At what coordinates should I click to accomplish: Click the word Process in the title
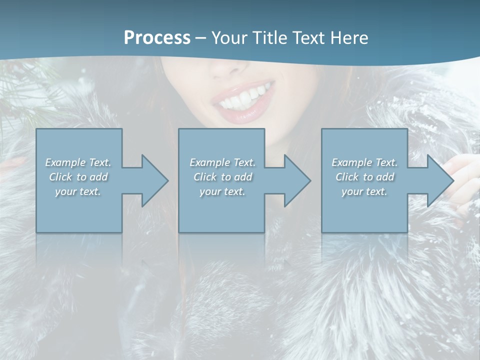tap(157, 38)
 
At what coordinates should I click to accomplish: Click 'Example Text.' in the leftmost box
tap(78, 162)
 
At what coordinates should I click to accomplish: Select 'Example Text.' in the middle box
tap(222, 162)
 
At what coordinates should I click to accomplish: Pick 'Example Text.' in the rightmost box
tap(364, 162)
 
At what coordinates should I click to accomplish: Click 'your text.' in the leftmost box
tap(78, 191)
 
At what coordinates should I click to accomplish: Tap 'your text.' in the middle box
tap(222, 191)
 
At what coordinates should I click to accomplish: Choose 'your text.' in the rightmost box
tap(364, 191)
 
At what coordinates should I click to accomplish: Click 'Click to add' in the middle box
tap(222, 177)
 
